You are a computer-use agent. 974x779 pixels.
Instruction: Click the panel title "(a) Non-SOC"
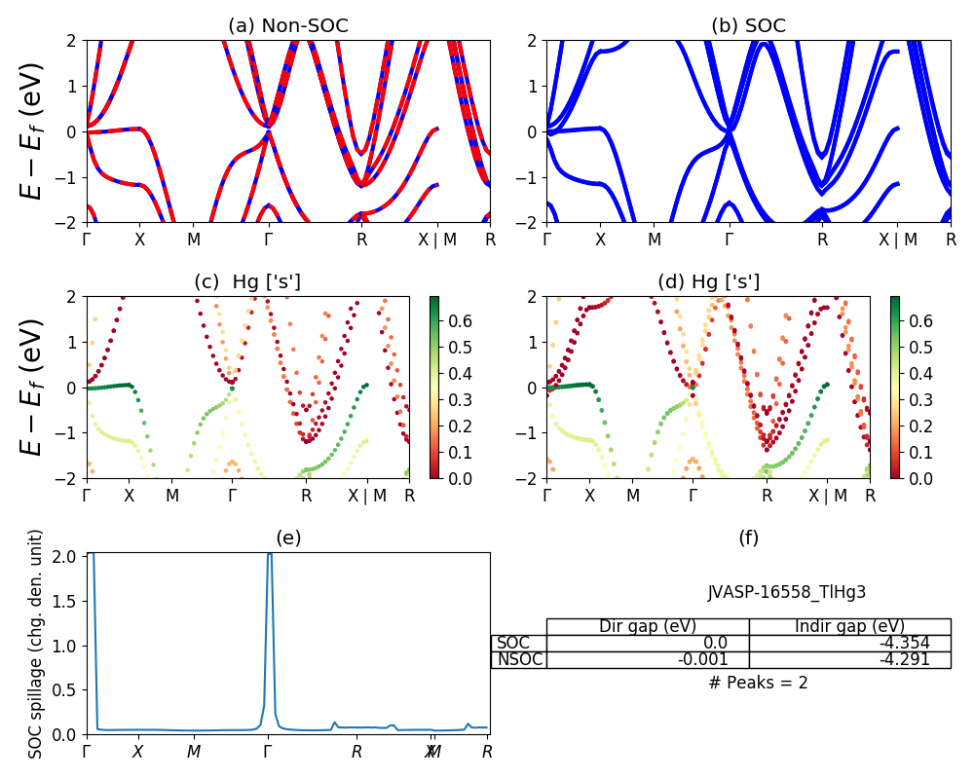[x=287, y=26]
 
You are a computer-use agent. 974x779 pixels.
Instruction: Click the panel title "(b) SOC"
[x=748, y=26]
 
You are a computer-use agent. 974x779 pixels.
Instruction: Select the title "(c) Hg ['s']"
[x=247, y=281]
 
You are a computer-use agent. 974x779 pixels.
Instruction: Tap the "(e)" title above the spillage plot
[x=288, y=538]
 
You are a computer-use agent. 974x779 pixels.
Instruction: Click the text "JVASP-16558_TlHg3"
[x=786, y=591]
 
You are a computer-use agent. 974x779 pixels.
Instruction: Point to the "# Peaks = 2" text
[x=758, y=683]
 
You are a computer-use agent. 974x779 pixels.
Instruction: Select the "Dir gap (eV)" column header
[x=648, y=626]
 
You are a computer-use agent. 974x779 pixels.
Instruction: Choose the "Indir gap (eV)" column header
[x=849, y=626]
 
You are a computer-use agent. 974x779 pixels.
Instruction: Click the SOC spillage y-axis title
[x=36, y=644]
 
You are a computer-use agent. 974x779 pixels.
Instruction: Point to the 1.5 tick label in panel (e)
[x=66, y=601]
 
